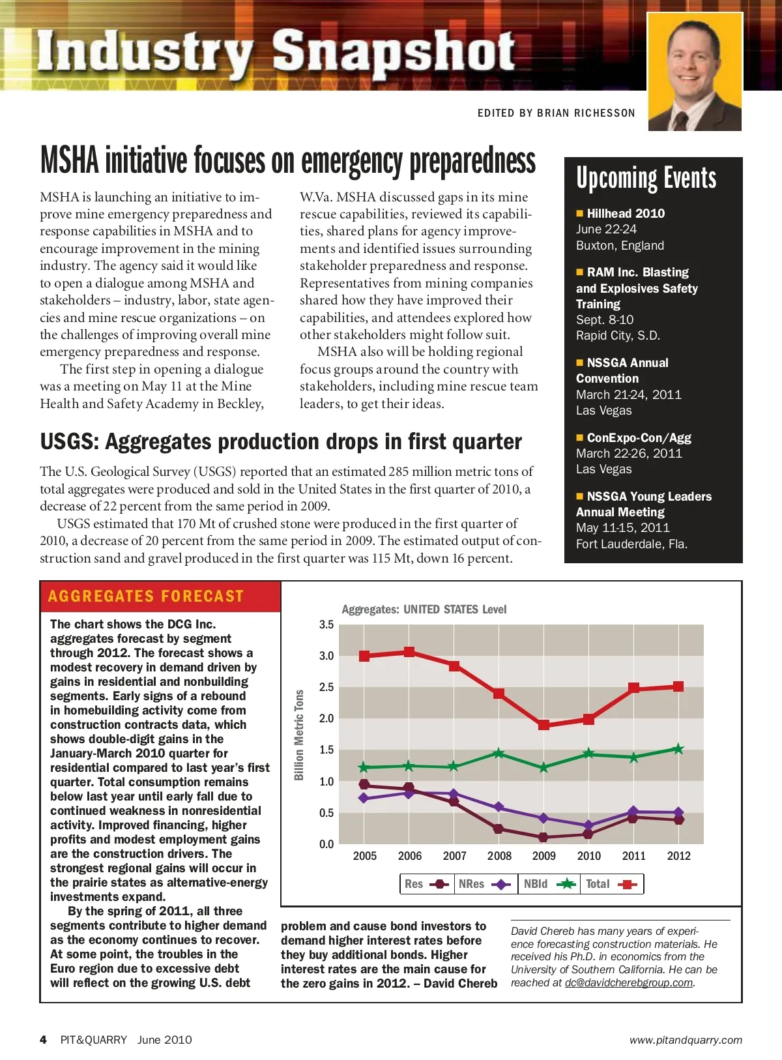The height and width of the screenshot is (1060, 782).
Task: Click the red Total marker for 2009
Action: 544,724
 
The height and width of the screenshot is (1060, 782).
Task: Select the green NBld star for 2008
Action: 499,753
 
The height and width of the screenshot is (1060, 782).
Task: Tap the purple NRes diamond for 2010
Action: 588,825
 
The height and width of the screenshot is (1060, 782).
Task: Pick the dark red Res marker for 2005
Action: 364,784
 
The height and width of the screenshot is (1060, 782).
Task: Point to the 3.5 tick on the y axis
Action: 326,625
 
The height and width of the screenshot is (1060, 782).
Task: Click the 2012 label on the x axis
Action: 678,856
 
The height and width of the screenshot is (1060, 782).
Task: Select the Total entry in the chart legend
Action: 611,884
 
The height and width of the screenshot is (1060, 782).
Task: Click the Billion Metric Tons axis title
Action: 299,735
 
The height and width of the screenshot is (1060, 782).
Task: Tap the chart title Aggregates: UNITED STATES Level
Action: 424,610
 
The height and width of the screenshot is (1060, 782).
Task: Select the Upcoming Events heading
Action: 646,179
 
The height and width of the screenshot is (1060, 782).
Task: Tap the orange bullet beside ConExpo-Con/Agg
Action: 579,437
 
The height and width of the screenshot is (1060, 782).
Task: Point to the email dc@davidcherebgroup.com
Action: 628,982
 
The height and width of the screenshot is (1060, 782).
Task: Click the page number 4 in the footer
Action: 44,1040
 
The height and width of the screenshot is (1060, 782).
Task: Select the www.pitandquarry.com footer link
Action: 686,1040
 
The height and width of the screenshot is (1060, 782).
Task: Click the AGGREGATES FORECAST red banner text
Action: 146,596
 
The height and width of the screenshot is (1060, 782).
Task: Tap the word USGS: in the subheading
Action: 69,442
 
